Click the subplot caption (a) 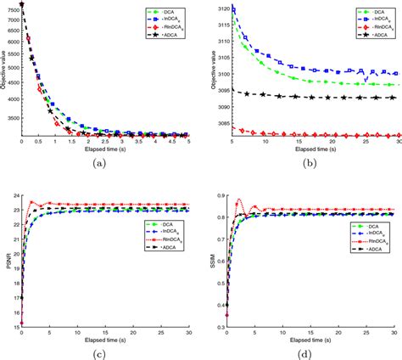coord(103,164)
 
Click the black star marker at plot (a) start coord(22,4)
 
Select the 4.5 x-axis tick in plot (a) coord(170,142)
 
